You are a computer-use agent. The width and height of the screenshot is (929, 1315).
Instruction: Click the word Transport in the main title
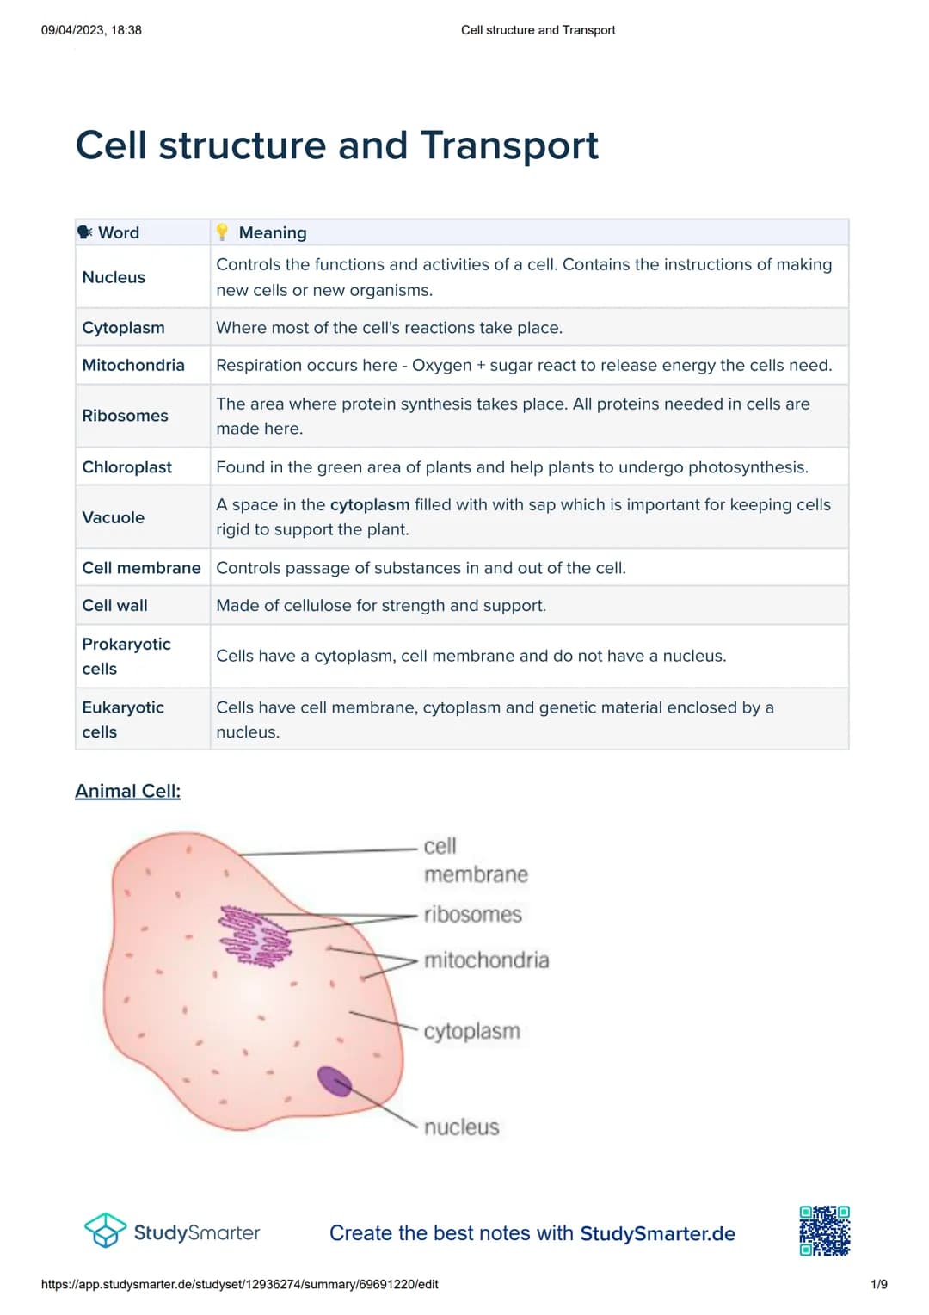(509, 145)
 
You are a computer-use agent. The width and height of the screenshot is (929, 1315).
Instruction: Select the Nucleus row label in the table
(114, 277)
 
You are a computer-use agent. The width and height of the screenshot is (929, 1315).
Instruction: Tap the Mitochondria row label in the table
(133, 365)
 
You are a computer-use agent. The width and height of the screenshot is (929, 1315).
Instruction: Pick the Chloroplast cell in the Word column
(127, 466)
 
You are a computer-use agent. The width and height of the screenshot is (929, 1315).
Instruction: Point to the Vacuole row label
(113, 517)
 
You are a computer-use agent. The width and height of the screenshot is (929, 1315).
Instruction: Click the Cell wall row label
(114, 605)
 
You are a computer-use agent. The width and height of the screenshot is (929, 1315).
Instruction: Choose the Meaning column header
(272, 232)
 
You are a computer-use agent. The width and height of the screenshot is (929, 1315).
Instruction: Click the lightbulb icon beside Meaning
(222, 232)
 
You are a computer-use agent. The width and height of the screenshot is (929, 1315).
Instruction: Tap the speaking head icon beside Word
(85, 232)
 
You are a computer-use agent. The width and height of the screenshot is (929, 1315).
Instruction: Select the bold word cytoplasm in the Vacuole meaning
(370, 504)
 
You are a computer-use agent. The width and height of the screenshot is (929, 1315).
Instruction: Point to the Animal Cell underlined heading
(127, 791)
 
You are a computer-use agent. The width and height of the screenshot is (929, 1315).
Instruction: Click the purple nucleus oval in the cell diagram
(334, 1081)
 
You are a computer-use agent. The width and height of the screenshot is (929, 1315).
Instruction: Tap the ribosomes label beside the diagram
(472, 914)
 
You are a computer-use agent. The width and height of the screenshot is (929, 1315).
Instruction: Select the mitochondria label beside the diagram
(486, 960)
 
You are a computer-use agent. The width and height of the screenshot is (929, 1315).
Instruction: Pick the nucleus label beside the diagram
(461, 1127)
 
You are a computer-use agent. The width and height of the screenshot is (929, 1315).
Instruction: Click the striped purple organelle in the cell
(255, 935)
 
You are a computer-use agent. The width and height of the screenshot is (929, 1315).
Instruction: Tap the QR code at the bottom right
(824, 1231)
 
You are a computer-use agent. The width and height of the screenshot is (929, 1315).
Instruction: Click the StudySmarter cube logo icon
(105, 1231)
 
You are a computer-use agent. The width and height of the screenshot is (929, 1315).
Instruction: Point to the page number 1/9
(878, 1284)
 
